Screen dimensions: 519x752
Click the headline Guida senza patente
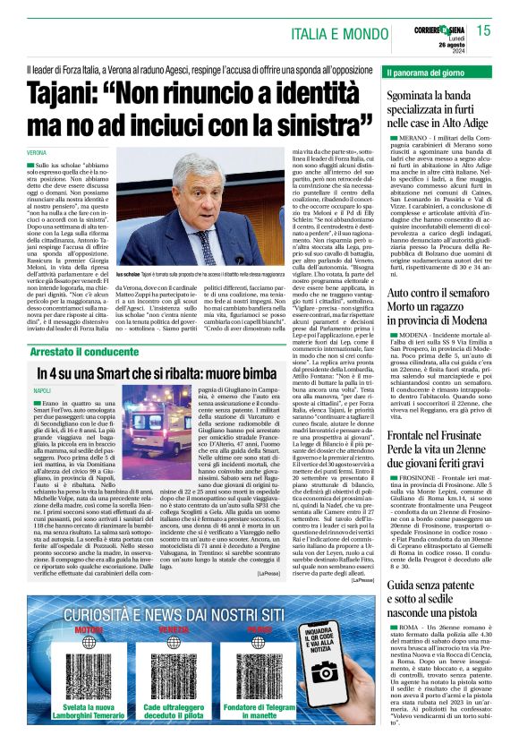[x=436, y=586]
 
